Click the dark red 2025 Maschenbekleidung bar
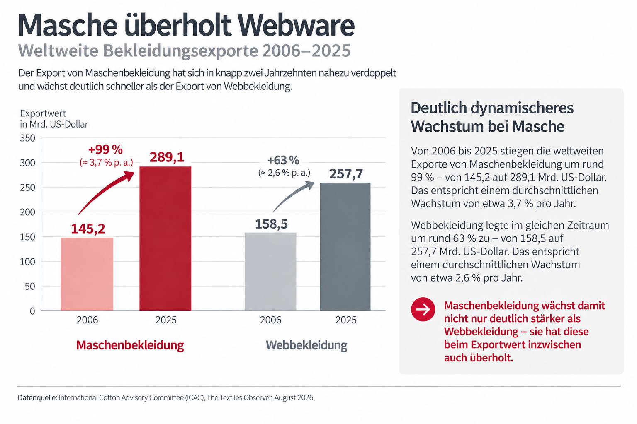[165, 238]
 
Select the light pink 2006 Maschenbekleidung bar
[87, 274]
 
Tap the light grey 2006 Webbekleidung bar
[270, 272]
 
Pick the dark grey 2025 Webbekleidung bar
[345, 246]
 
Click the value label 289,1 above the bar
[167, 157]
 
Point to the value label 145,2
[88, 229]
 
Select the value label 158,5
[271, 224]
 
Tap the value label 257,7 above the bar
[346, 174]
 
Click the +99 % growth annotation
[105, 149]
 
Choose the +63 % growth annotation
[283, 161]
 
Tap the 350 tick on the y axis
[28, 138]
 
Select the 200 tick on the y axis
[28, 212]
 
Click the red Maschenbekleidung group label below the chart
[130, 345]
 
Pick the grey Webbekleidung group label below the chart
[306, 345]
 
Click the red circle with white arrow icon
[423, 309]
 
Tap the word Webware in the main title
[296, 25]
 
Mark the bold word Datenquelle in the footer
[38, 397]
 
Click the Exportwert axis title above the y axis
[43, 113]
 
